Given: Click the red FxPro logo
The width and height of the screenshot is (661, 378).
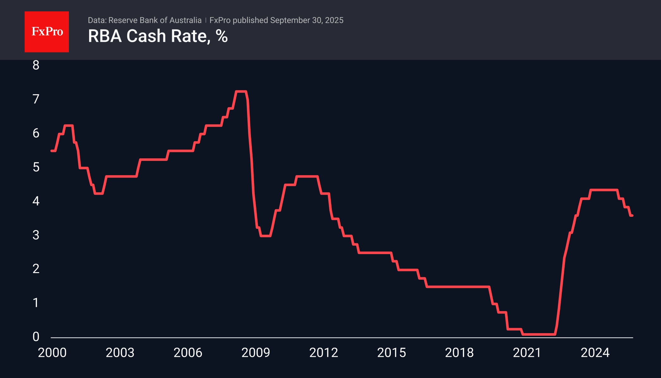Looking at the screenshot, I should [x=47, y=32].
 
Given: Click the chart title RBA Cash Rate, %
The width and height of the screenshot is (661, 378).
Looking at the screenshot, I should [x=158, y=36].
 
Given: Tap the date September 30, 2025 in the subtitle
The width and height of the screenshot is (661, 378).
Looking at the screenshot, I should [x=306, y=20].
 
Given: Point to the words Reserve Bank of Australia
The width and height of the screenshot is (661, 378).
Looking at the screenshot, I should [x=155, y=20].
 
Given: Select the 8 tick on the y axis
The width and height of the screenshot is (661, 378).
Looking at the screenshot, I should [x=36, y=65].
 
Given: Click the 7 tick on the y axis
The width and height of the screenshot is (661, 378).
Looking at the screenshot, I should [x=36, y=99].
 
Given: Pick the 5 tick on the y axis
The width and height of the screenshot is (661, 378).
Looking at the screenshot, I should [x=36, y=167].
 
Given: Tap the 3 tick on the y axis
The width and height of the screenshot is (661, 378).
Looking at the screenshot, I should [x=36, y=235].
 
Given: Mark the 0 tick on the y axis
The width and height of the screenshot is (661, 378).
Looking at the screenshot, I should [x=36, y=337].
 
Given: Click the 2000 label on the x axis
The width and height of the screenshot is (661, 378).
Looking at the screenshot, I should [x=52, y=353].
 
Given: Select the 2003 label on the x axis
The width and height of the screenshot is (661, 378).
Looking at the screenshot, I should [x=120, y=353].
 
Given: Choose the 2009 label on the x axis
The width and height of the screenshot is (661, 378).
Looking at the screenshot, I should [x=256, y=353].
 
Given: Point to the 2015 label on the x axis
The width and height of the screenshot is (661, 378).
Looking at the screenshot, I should [x=391, y=353].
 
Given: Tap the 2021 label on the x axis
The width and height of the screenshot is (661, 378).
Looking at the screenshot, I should [x=527, y=353].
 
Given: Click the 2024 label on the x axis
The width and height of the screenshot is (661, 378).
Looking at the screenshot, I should [x=595, y=353].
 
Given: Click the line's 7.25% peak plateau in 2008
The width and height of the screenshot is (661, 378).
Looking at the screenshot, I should [x=241, y=92].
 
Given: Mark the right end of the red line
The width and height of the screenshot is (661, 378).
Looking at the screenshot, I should [x=632, y=216].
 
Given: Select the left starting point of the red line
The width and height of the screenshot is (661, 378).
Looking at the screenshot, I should [x=52, y=151].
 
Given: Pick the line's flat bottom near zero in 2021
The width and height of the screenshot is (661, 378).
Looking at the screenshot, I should [x=539, y=334].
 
